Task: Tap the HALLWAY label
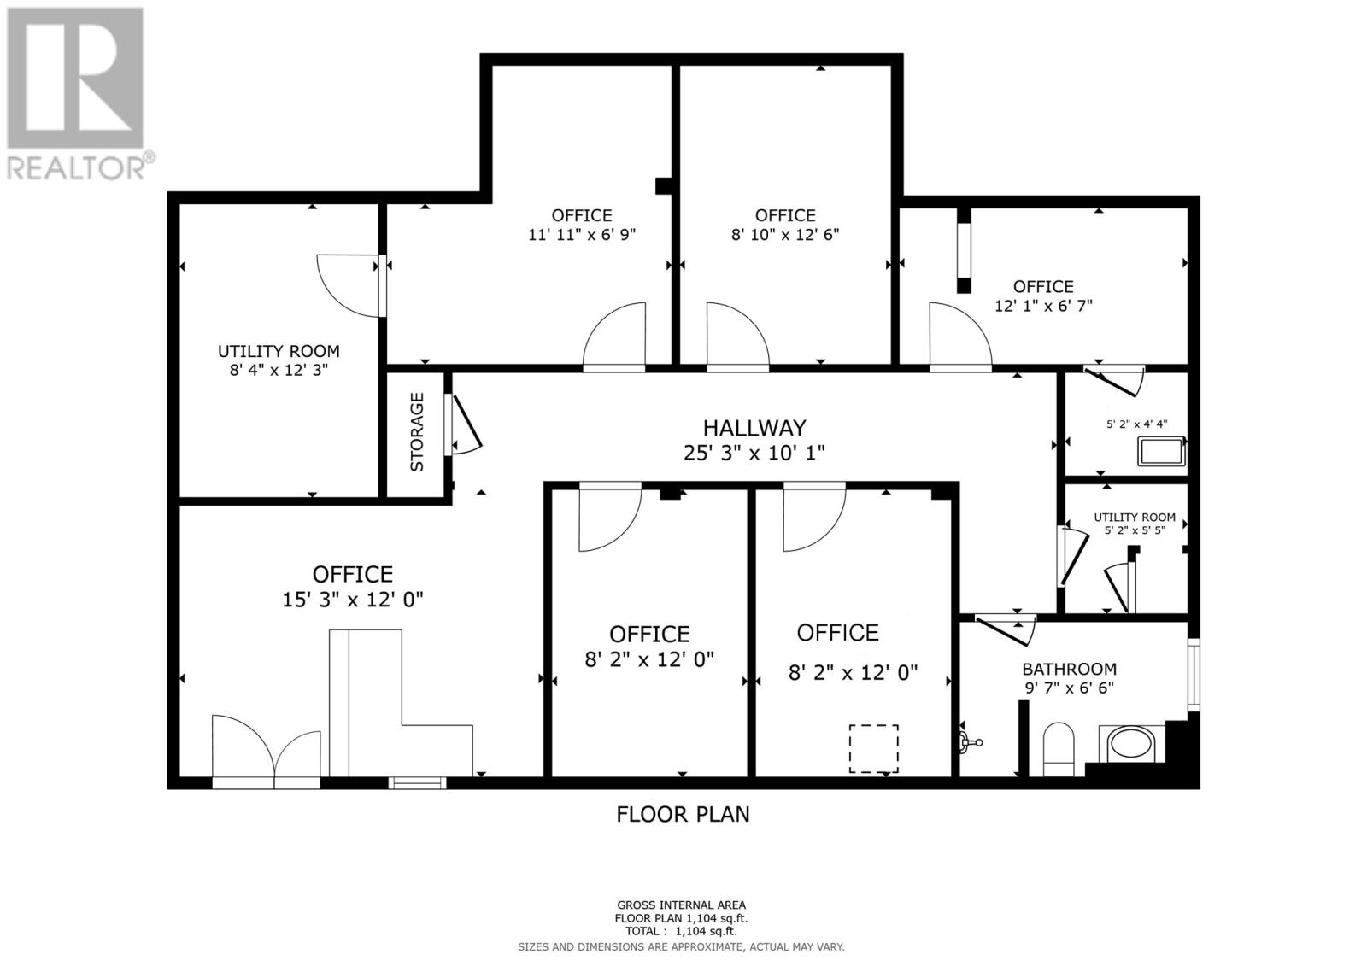pos(754,427)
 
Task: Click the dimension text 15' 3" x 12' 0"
pos(353,600)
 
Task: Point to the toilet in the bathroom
pos(1059,748)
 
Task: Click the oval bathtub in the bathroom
pos(1131,745)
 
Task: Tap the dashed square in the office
pos(873,748)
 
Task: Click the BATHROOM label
pos(1069,669)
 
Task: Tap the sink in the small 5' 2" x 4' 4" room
pos(1160,451)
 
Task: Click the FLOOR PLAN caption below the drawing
pos(683,814)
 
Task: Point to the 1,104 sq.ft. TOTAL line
pos(681,932)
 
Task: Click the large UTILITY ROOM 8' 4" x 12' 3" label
pos(279,360)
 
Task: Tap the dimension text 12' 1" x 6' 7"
pos(1043,305)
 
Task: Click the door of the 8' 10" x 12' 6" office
pos(736,337)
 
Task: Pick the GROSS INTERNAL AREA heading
pos(681,905)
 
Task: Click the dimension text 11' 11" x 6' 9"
pos(582,234)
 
